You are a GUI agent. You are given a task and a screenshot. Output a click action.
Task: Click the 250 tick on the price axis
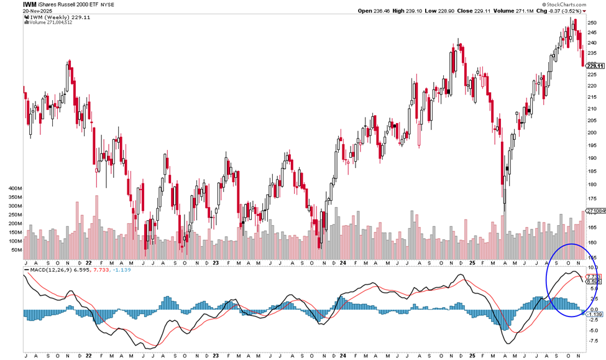pos(592,22)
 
